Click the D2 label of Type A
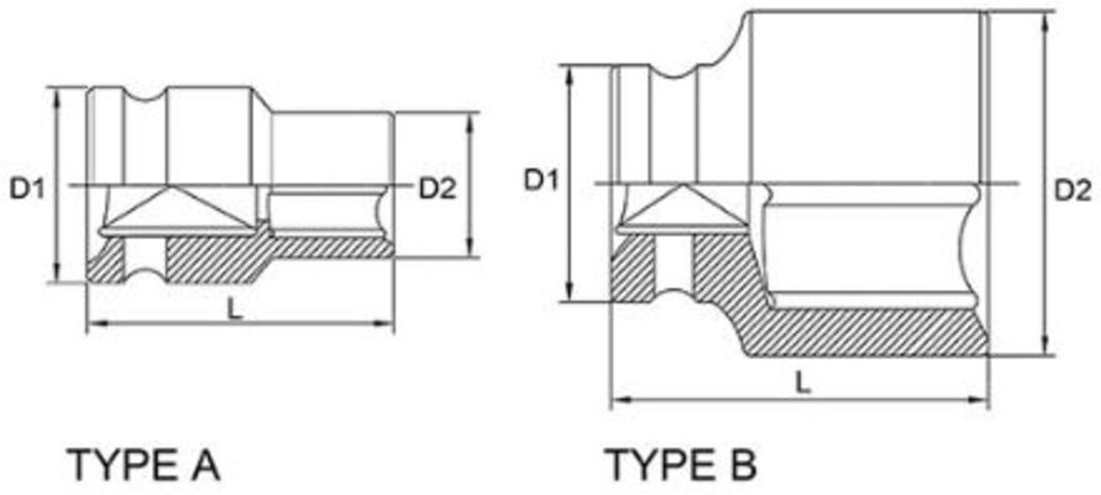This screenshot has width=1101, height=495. point(437,188)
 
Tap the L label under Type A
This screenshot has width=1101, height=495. point(236,309)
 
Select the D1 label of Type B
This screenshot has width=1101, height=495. point(541,181)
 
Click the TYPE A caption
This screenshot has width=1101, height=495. point(144,465)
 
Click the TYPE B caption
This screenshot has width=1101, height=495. point(681,465)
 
